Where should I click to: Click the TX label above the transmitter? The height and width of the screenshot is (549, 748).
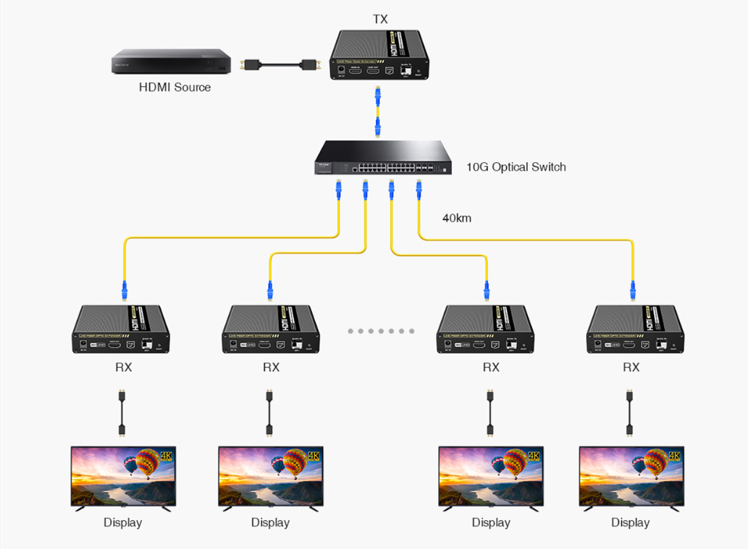click(x=380, y=20)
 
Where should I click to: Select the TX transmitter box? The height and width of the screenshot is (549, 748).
click(x=380, y=56)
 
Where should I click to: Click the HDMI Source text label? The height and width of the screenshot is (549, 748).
click(x=175, y=88)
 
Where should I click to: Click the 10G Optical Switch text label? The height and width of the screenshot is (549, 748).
click(x=516, y=167)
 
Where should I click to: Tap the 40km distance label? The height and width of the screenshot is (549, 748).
click(x=457, y=217)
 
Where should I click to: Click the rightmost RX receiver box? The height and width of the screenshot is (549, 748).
click(x=635, y=330)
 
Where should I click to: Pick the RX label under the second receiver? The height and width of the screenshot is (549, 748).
click(x=271, y=367)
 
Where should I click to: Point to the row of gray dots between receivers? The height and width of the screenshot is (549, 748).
click(x=381, y=331)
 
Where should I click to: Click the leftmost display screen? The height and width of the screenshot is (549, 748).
click(x=123, y=476)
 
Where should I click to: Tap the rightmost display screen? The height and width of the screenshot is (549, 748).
click(x=631, y=476)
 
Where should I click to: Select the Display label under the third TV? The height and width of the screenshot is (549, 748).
click(x=491, y=522)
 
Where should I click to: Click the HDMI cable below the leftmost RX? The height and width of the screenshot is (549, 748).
click(x=122, y=414)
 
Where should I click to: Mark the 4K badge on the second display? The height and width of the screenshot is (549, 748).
click(x=314, y=456)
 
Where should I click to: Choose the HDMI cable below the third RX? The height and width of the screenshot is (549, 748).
click(x=490, y=414)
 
